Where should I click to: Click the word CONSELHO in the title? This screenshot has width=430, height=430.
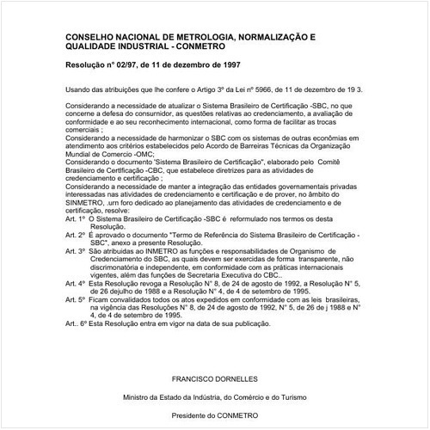(93, 39)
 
